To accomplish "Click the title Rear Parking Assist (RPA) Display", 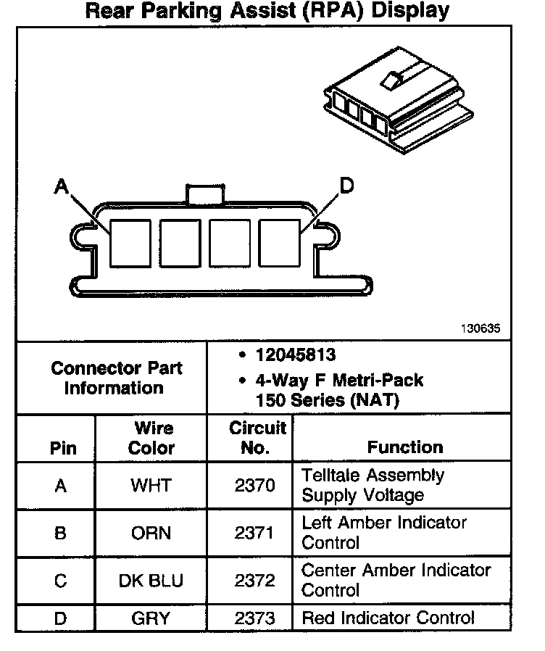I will click(x=267, y=11).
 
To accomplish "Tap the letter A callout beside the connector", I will click(x=61, y=187).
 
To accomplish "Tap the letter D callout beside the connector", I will click(x=346, y=186).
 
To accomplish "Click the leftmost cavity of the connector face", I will click(x=130, y=242).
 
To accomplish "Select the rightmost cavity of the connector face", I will click(x=279, y=242).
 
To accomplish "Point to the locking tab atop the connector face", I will click(x=205, y=194).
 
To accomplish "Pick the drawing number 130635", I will click(x=480, y=328).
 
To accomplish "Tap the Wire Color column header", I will click(x=151, y=438).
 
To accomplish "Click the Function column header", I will click(x=404, y=447).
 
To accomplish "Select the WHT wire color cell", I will click(x=151, y=485).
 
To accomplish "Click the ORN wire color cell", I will click(x=151, y=533).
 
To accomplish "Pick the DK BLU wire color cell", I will click(x=151, y=581).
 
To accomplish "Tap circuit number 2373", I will click(x=254, y=618).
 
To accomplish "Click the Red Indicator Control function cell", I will click(x=388, y=618).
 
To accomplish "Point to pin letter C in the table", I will click(x=61, y=581).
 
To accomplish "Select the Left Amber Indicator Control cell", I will click(x=384, y=533).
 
